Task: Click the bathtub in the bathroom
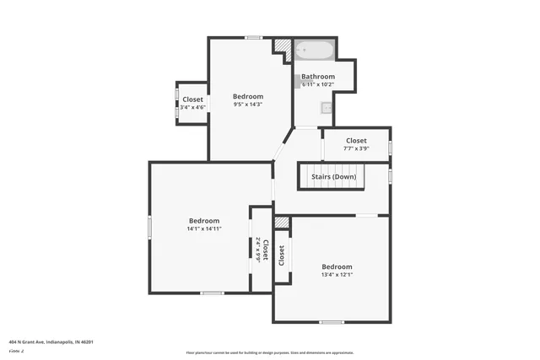pyautogui.click(x=316, y=51)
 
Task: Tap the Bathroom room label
pyautogui.click(x=318, y=77)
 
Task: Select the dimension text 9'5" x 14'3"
pyautogui.click(x=248, y=105)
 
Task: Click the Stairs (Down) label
pyautogui.click(x=333, y=176)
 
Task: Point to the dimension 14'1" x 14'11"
pyautogui.click(x=204, y=228)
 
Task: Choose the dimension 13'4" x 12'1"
pyautogui.click(x=337, y=275)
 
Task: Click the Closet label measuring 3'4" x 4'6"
pyautogui.click(x=192, y=99)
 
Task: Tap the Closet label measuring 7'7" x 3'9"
pyautogui.click(x=356, y=141)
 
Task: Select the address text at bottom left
pyautogui.click(x=51, y=341)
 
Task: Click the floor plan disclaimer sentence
pyautogui.click(x=270, y=352)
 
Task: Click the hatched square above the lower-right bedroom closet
pyautogui.click(x=282, y=223)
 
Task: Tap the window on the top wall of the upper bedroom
pyautogui.click(x=253, y=37)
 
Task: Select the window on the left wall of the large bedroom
pyautogui.click(x=150, y=226)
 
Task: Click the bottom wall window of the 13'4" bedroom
pyautogui.click(x=332, y=322)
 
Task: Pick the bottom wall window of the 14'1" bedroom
pyautogui.click(x=212, y=293)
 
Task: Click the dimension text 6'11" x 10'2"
pyautogui.click(x=318, y=84)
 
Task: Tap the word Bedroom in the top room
pyautogui.click(x=248, y=96)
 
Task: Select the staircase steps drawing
pyautogui.click(x=331, y=177)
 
